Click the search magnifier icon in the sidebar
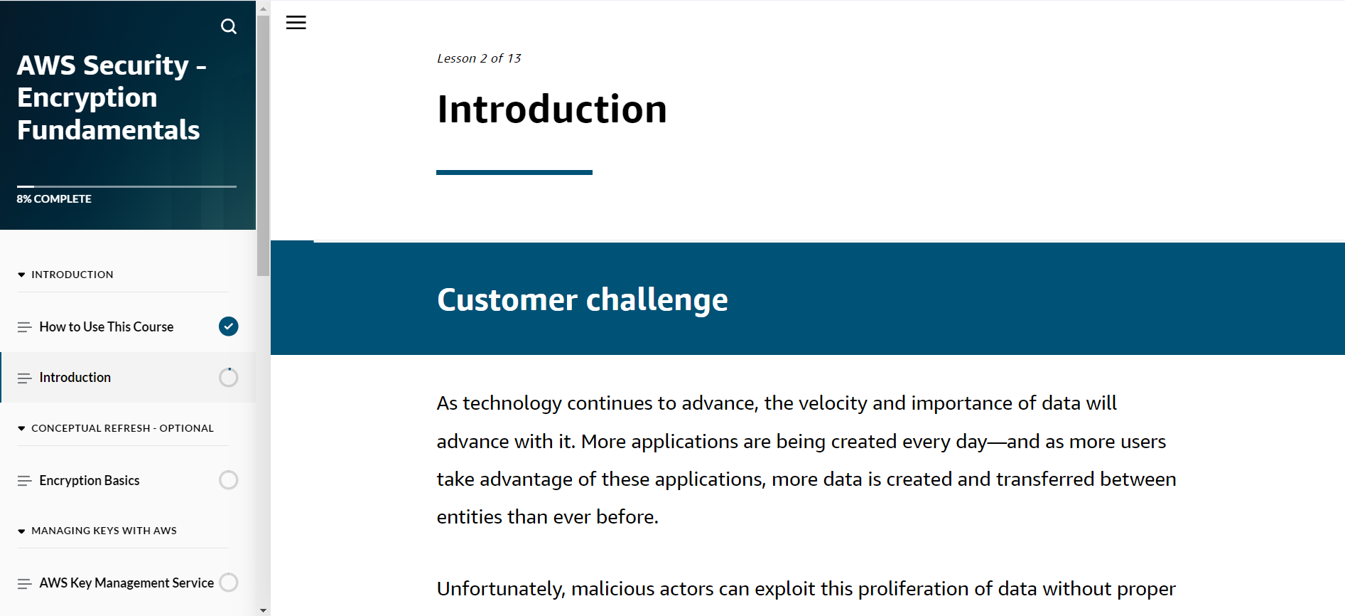[x=228, y=26]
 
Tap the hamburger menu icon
[x=296, y=23]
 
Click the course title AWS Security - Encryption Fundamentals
[x=112, y=97]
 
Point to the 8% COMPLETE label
[x=54, y=199]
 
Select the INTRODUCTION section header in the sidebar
[x=72, y=275]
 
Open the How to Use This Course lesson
[x=107, y=326]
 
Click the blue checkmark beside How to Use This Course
[x=228, y=326]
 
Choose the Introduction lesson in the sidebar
[x=75, y=377]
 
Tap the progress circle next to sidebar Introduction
[x=228, y=377]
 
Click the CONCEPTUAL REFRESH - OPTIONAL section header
[x=122, y=428]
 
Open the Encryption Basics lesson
[x=90, y=480]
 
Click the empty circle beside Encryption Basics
[x=228, y=480]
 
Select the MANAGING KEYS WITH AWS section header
[x=104, y=531]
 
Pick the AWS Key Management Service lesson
[x=126, y=583]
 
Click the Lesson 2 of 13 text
[x=479, y=58]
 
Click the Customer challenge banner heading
[x=583, y=299]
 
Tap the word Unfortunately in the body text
[x=501, y=589]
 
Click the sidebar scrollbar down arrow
[x=263, y=610]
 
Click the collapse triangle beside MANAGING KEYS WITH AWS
[x=21, y=531]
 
